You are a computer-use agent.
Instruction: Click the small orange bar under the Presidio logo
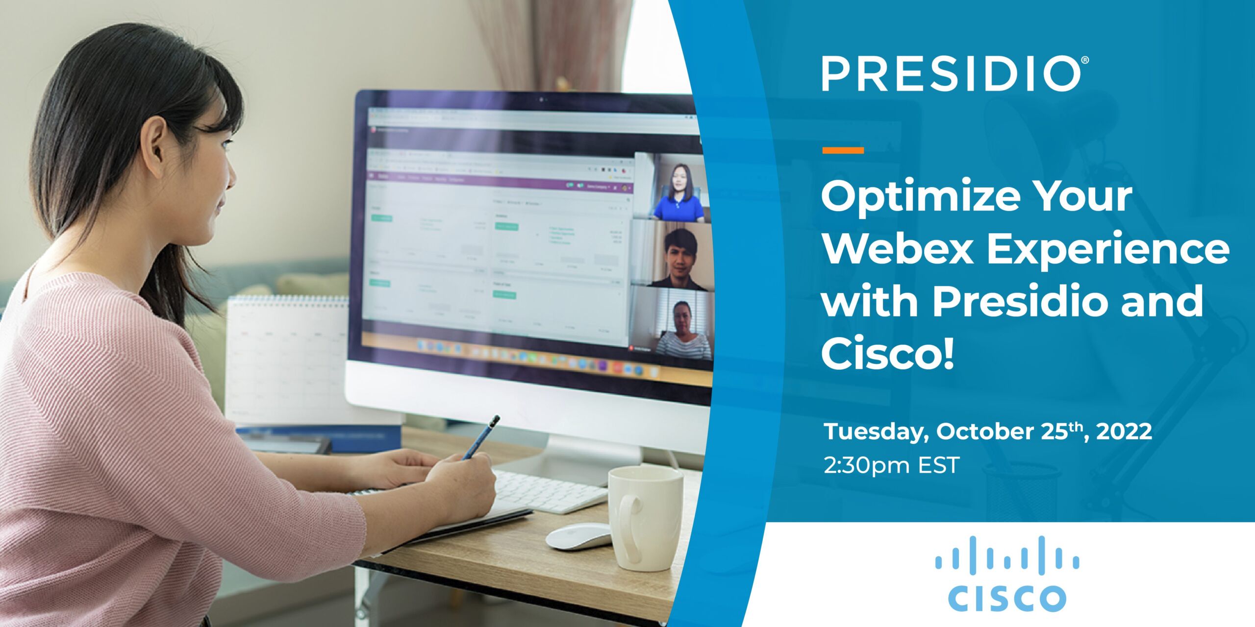tap(843, 150)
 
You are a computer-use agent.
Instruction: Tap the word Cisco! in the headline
tap(888, 355)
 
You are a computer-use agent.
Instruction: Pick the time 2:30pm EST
tap(891, 465)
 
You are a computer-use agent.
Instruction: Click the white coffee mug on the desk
tap(645, 517)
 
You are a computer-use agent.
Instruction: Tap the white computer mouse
tap(579, 536)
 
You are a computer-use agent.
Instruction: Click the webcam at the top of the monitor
tap(542, 99)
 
